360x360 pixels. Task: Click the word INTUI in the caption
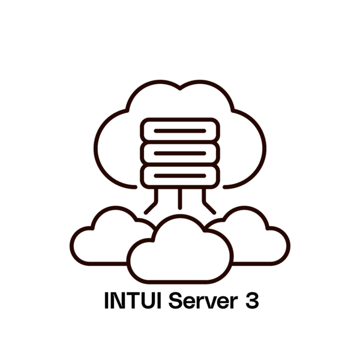[x=133, y=300]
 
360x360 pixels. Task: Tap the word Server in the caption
[x=203, y=300]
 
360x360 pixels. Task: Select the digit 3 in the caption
[x=252, y=301]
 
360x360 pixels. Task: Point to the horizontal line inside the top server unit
[x=180, y=131]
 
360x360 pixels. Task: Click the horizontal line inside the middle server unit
[x=180, y=154]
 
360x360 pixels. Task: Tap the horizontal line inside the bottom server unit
[x=180, y=176]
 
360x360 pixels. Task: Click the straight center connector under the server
[x=180, y=199]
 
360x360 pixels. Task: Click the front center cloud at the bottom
[x=180, y=282]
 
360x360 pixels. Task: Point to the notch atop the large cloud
[x=180, y=88]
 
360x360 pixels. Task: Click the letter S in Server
[x=176, y=300]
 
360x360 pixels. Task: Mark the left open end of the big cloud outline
[x=136, y=187]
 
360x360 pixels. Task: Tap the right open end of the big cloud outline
[x=225, y=187]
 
